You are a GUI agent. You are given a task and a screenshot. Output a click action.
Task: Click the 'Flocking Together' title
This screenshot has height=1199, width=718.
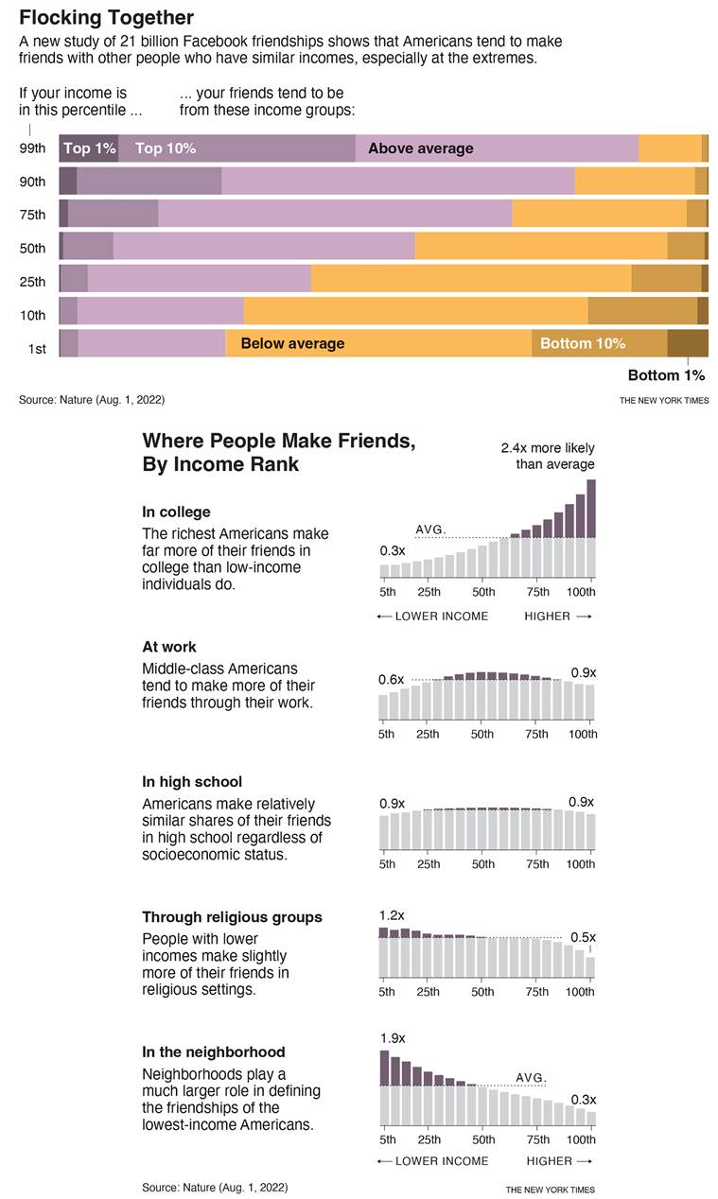pos(106,18)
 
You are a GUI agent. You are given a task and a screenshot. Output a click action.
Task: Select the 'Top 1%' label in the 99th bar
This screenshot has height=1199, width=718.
pos(90,148)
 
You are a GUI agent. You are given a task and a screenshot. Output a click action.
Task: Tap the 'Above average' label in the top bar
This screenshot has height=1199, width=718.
pos(420,148)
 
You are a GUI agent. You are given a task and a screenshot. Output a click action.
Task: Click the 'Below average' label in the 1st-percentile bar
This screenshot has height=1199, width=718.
pos(292,343)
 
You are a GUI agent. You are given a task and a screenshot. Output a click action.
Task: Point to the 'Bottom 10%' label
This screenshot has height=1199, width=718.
pos(582,343)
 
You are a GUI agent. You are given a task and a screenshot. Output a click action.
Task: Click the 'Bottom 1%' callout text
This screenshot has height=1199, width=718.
pos(666,375)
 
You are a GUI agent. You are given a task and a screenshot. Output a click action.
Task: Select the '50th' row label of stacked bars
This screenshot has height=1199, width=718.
pos(32,248)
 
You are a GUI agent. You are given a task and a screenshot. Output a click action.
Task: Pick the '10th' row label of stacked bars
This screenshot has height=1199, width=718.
pos(32,315)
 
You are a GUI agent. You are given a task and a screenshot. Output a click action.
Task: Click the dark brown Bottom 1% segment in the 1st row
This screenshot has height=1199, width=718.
pos(687,343)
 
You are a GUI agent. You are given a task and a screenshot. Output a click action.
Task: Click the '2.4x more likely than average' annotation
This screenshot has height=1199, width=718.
pos(548,456)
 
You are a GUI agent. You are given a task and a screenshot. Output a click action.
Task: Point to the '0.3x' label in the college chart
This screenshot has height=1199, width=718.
pos(392,550)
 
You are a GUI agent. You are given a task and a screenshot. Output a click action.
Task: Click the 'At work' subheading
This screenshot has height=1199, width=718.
pos(169,647)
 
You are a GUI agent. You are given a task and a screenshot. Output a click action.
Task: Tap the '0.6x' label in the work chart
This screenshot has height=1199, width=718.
pos(391,679)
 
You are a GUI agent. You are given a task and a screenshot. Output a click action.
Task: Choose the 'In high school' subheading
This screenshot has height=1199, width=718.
pos(192,782)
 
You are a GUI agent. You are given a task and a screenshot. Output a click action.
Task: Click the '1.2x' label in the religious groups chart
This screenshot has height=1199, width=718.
pos(392,915)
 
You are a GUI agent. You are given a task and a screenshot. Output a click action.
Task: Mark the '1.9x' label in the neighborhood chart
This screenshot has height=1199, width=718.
pos(392,1038)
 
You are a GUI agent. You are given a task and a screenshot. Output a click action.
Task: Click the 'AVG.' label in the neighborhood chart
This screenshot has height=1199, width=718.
pos(531,1077)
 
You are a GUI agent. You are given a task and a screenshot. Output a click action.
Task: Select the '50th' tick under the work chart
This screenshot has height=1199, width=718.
pos(482,735)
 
